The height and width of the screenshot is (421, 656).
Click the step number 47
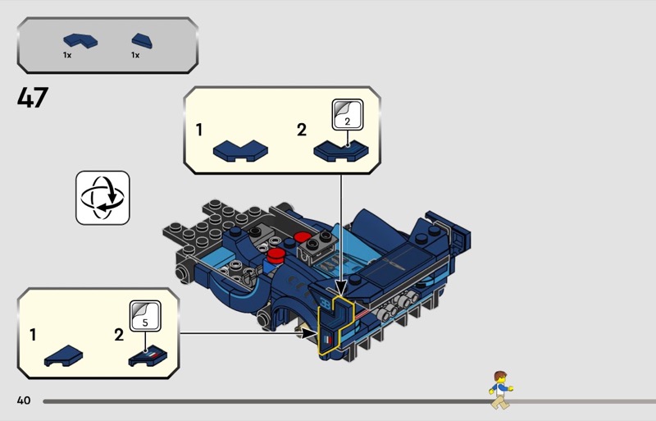[33, 98]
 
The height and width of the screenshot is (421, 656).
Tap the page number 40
[23, 400]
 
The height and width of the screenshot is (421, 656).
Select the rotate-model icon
[102, 198]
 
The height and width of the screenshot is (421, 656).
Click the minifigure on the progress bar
[500, 390]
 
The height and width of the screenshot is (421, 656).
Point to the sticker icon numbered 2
[346, 115]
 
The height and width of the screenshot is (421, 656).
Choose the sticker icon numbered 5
[145, 317]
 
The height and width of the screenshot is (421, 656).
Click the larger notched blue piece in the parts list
[79, 39]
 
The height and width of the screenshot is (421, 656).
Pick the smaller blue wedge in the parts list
[141, 39]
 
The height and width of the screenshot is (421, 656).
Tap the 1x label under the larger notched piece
[67, 55]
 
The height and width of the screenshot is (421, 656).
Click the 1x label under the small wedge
[135, 55]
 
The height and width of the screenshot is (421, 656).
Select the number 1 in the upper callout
[199, 130]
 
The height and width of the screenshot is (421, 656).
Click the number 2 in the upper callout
[301, 130]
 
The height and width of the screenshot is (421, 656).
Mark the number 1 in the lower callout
[33, 335]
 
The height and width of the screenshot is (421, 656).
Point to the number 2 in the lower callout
[118, 335]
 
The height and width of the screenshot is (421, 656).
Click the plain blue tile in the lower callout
[64, 355]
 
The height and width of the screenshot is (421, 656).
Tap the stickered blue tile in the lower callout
[148, 355]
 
